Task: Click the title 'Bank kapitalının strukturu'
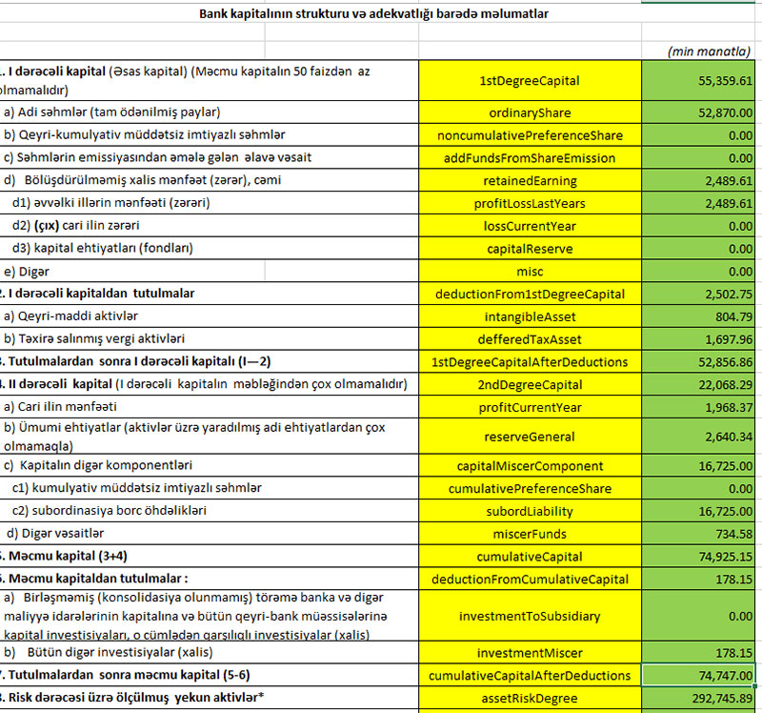pos(374,14)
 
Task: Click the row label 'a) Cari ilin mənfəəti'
pos(67,407)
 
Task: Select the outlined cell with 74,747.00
pos(701,676)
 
